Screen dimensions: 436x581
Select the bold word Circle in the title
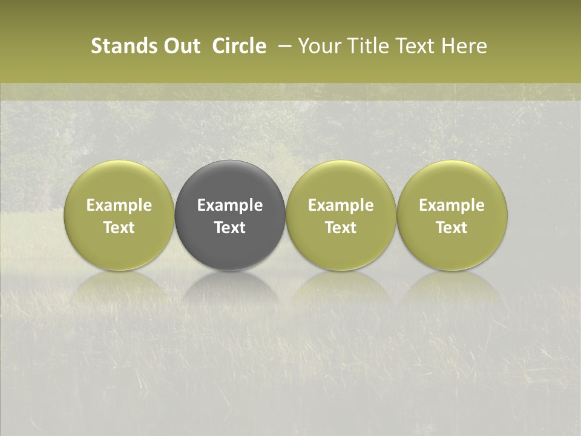239,46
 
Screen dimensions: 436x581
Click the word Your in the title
318,46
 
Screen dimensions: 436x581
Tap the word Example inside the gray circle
230,206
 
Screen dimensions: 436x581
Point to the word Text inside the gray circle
230,228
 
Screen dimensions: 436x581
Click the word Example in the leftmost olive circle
119,206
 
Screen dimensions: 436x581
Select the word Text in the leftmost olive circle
119,228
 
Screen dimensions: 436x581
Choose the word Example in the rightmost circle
452,206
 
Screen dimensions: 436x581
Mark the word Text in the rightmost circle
452,228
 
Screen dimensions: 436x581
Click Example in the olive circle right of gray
341,206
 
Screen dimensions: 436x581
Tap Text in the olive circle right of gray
341,228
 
